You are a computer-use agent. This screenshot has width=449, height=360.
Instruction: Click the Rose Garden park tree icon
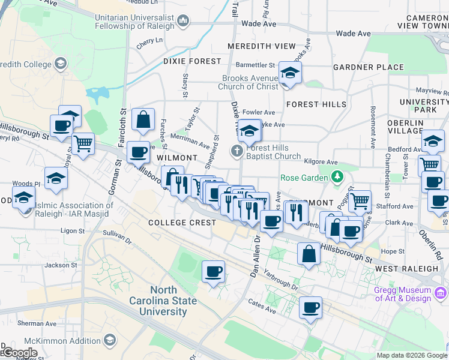point(337,177)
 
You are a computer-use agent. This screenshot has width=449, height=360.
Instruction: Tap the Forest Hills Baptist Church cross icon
point(237,151)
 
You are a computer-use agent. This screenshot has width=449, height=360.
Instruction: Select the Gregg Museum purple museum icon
point(441,293)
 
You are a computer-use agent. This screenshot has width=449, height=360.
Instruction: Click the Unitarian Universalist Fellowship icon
point(184,22)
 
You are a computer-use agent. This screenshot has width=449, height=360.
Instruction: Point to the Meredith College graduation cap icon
point(60,63)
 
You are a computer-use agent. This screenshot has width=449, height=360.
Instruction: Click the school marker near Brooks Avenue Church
point(290,74)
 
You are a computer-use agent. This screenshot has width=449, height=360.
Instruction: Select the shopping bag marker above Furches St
point(143,120)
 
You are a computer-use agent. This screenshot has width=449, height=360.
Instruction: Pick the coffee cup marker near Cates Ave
point(310,308)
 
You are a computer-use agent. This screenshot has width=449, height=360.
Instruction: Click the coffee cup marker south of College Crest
point(213,272)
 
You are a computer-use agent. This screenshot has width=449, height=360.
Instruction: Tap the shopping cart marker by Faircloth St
point(83,143)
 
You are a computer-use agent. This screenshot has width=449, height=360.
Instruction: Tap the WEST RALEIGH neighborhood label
point(408,269)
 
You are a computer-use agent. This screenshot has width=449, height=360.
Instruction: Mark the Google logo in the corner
point(19,353)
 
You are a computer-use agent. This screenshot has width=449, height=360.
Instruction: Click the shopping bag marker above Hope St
point(309,253)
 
